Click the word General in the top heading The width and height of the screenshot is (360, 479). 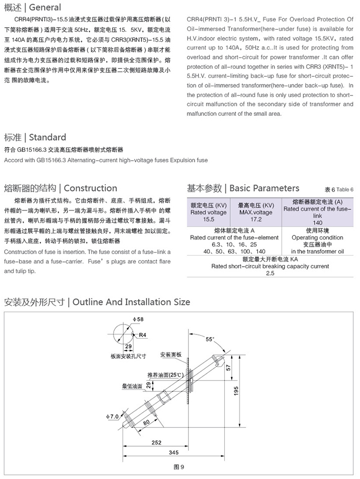[45, 8]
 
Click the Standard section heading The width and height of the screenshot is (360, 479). [47, 137]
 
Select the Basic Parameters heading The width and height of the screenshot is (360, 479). [265, 188]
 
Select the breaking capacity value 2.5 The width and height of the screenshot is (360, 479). [270, 273]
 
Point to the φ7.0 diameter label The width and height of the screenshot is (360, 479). [113, 416]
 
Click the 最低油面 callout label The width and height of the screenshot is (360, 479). [132, 387]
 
